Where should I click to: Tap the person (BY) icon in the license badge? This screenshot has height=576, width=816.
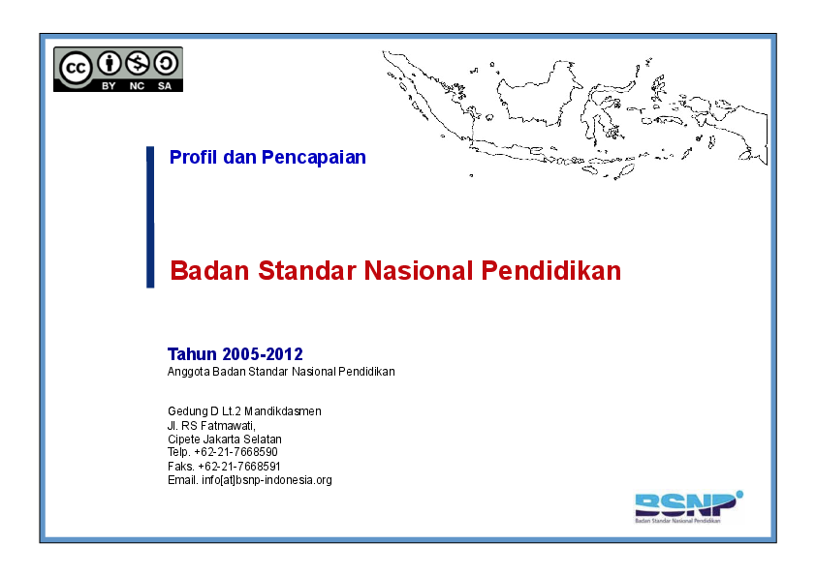110,64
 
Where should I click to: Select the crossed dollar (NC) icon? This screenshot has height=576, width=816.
138,64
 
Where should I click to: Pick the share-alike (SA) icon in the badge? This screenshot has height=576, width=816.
166,64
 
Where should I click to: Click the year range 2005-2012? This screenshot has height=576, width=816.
262,354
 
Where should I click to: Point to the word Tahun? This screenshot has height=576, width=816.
192,354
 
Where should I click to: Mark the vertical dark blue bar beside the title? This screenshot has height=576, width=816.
150,217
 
